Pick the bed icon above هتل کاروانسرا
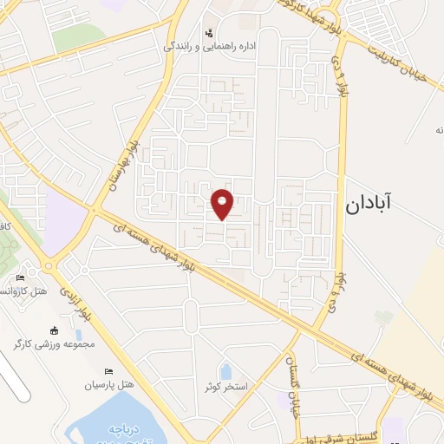20,277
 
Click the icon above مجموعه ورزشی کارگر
54,330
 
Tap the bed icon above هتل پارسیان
108,370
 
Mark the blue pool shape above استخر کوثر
225,373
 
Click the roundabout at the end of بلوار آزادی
49,266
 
